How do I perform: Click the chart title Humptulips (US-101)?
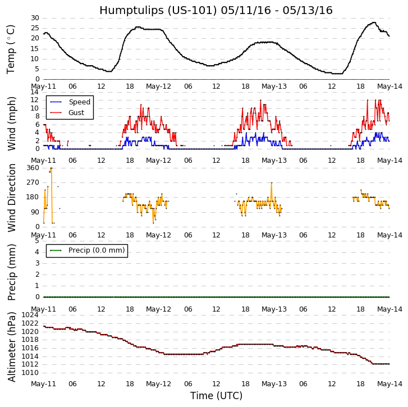pos(216,10)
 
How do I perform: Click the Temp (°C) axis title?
pos(11,49)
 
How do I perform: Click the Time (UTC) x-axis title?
pos(216,396)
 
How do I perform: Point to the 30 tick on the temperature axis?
pos(35,18)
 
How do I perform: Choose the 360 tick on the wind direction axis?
pos(33,168)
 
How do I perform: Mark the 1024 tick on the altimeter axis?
pos(30,314)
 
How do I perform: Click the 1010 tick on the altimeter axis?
pos(30,372)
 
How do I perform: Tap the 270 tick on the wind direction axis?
pos(33,182)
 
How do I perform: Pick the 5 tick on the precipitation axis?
pos(37,240)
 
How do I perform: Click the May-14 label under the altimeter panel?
pos(389,384)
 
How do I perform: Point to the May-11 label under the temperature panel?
pos(44,87)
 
